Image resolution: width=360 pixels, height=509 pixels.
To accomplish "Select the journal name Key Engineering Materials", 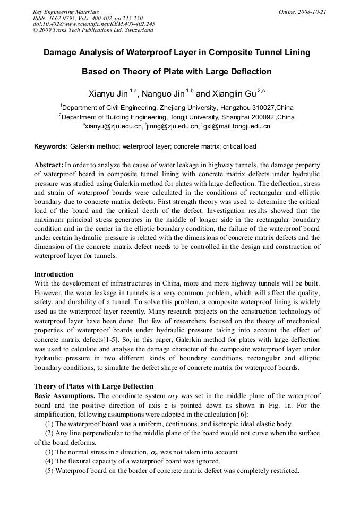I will pos(66,12).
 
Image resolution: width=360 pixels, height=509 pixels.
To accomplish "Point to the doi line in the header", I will pos(94,24).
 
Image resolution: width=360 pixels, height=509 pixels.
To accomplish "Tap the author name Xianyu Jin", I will pos(108,94).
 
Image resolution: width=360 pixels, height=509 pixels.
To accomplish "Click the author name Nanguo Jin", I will pos(164,94).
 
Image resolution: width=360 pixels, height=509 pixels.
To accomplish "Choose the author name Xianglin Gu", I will pos(226,94).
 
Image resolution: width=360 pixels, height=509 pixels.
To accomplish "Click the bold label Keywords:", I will pos(51,146).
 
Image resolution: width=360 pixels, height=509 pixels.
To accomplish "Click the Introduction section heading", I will pos(54,274).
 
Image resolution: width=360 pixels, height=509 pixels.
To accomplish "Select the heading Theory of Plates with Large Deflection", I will pos(94,386).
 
